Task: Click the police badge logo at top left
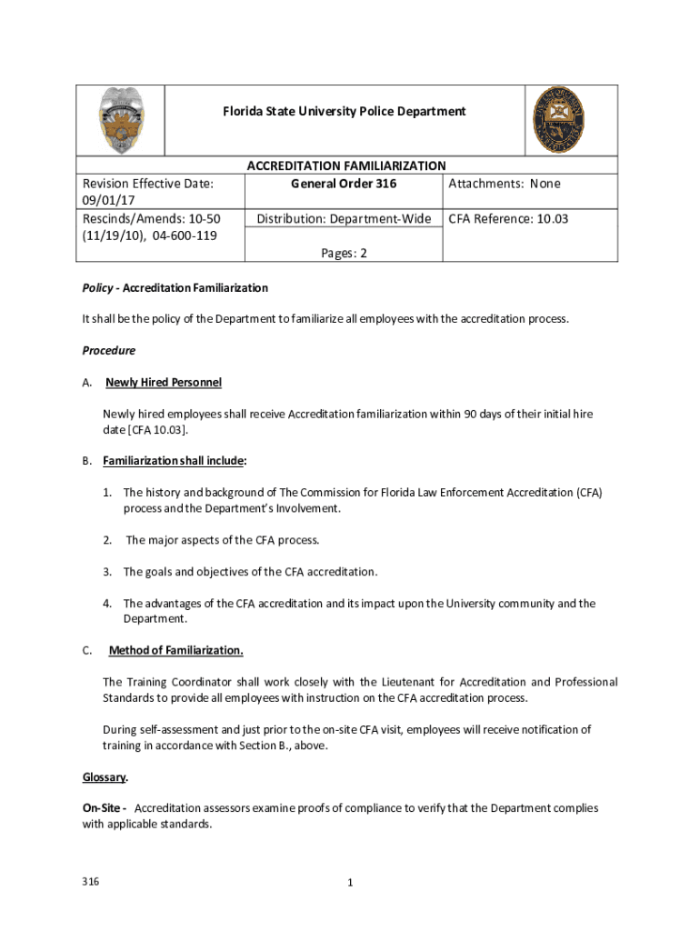(x=121, y=120)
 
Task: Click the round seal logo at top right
(x=557, y=120)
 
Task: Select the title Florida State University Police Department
(x=345, y=111)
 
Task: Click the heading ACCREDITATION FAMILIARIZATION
(x=346, y=165)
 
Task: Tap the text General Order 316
(x=344, y=184)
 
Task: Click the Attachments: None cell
(x=505, y=184)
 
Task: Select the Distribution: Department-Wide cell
(x=344, y=219)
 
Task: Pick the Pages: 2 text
(x=344, y=254)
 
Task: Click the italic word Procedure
(x=108, y=350)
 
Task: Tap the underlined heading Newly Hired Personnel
(x=164, y=382)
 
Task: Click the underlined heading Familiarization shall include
(x=174, y=461)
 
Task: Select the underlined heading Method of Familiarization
(x=175, y=650)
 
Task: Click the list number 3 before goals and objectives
(x=106, y=572)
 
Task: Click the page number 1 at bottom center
(x=349, y=883)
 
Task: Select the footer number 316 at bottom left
(x=90, y=882)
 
